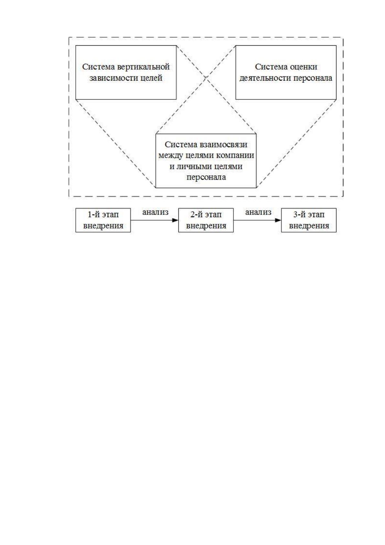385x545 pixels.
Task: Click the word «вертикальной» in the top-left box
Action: click(144, 67)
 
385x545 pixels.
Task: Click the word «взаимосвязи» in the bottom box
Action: click(223, 144)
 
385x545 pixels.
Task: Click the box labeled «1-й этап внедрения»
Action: click(103, 220)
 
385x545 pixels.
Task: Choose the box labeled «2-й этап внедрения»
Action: click(206, 220)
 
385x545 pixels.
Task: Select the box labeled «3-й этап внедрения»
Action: click(309, 220)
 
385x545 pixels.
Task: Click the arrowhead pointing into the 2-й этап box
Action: click(176, 220)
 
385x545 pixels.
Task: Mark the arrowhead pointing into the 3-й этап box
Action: click(278, 220)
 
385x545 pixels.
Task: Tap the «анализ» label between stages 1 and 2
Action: click(155, 212)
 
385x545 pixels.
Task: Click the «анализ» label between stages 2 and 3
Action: click(258, 212)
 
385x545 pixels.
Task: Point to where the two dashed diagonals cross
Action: click(206, 78)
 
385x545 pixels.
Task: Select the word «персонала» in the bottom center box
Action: click(206, 177)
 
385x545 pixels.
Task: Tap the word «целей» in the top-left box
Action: click(152, 78)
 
